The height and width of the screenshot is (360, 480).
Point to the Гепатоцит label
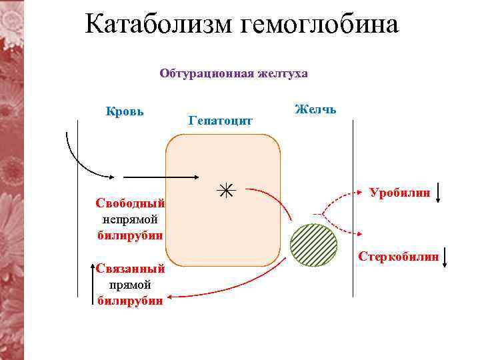221,121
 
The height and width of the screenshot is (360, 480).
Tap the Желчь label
315,109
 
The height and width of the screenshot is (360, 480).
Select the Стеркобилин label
399,255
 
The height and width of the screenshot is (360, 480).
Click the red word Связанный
130,269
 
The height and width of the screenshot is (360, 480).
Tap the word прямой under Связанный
130,285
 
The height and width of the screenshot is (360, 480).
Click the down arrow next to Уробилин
437,193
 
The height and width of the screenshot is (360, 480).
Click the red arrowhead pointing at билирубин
171,297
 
